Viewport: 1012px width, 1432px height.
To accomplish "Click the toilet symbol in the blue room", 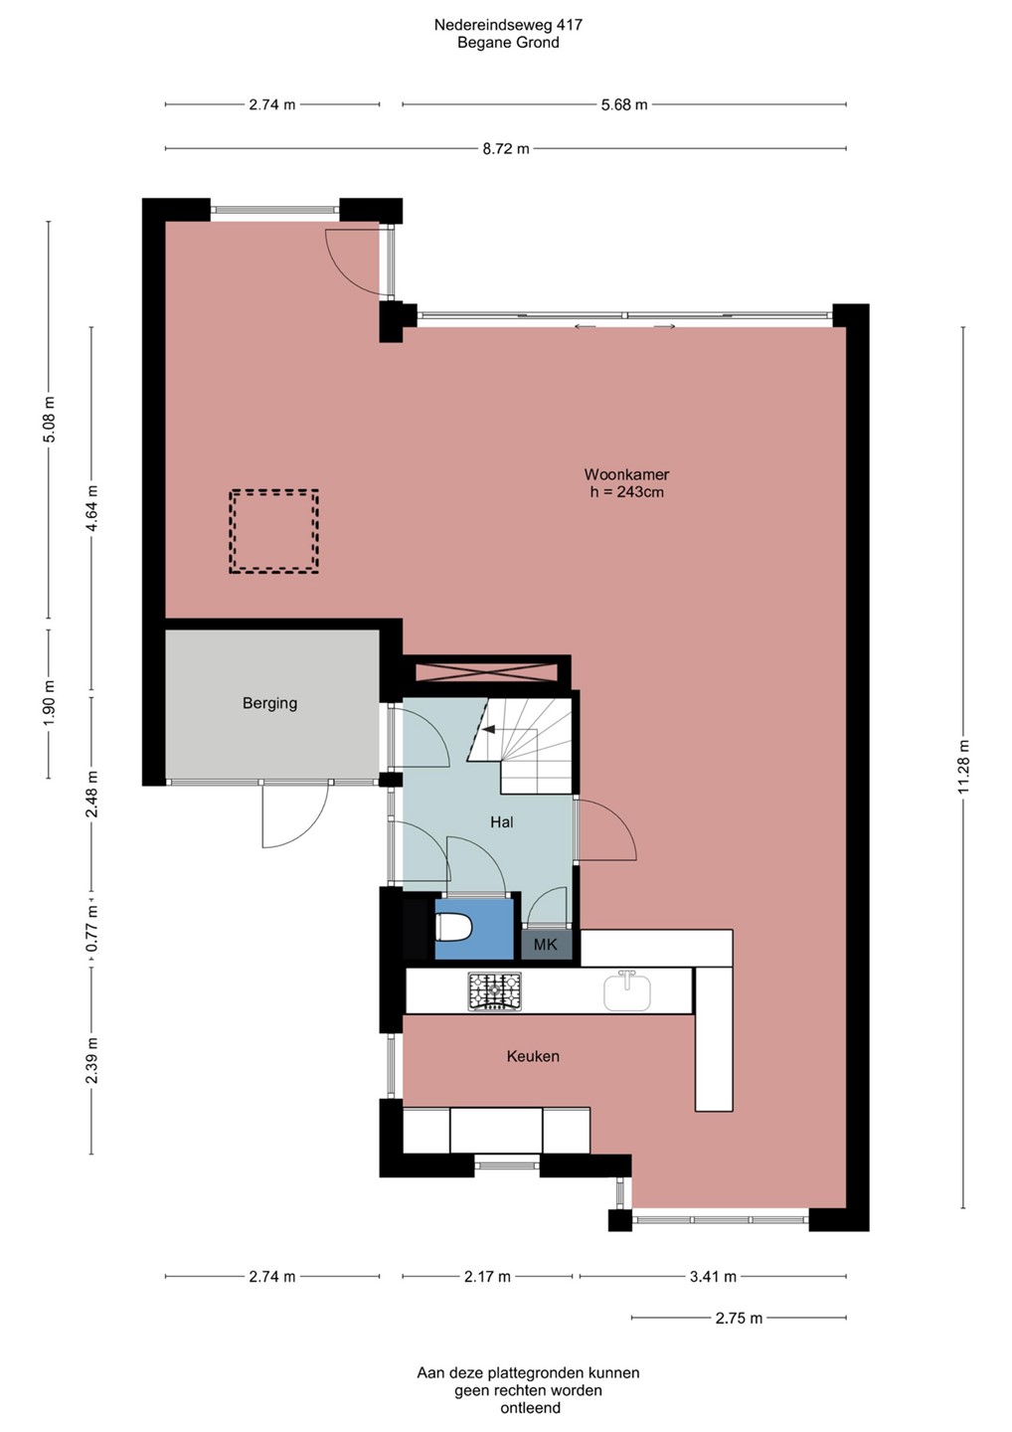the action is click(453, 927).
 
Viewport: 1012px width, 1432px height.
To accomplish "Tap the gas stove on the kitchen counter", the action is click(494, 990).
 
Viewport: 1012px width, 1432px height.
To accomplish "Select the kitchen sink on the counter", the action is click(627, 990).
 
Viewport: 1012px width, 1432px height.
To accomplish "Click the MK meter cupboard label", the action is click(545, 945).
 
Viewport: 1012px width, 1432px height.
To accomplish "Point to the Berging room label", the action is click(269, 703).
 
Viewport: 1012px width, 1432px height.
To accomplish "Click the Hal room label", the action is click(502, 821).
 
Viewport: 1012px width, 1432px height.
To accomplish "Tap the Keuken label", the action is click(533, 1056).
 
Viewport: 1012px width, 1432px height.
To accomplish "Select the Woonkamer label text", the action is click(626, 474).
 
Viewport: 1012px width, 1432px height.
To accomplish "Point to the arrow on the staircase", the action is click(489, 729).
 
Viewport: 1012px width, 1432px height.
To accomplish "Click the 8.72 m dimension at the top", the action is click(506, 149).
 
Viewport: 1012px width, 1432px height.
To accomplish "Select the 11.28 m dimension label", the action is click(963, 767).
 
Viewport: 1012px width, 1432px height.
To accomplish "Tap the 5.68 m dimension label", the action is click(624, 104).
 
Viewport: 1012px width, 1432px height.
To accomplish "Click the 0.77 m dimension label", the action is click(92, 928).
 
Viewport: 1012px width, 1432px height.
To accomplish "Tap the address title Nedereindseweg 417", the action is click(508, 25).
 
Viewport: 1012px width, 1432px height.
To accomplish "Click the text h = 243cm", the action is click(626, 492).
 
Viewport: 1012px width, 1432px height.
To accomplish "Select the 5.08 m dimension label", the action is click(50, 420).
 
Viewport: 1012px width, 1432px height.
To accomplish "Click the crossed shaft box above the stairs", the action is click(486, 672).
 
